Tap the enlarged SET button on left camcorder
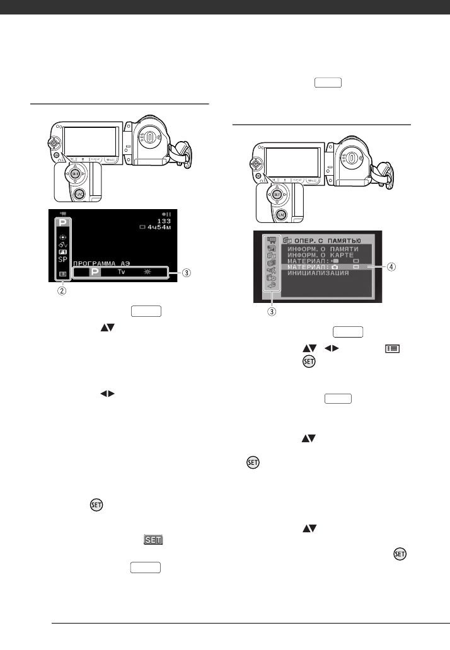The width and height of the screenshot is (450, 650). tap(76, 173)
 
